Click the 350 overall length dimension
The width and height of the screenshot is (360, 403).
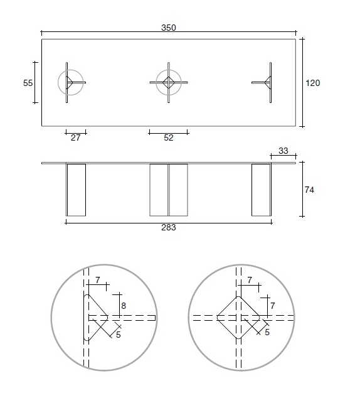coord(168,28)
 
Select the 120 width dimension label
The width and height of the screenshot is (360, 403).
coord(313,83)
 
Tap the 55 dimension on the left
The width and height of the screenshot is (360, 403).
coord(28,83)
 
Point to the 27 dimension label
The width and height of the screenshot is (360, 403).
coord(75,138)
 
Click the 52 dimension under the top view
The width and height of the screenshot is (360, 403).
coord(168,138)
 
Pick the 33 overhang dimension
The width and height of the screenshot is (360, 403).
coord(283,151)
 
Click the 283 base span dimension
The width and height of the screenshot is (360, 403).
coord(168,228)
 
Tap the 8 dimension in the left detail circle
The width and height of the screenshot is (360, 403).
coord(124,306)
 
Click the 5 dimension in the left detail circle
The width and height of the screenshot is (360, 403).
coord(119,335)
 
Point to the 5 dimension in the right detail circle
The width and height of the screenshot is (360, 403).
coord(267,332)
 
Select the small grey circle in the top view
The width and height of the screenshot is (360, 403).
coord(70,82)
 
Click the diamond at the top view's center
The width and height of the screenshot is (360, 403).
coord(168,82)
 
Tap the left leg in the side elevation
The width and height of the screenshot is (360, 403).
coord(75,190)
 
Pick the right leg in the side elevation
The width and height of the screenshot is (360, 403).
coord(261,190)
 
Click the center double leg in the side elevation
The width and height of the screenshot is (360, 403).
coord(168,190)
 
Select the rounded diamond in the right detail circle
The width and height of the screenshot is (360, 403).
coord(238,318)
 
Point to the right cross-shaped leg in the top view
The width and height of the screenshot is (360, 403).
coord(268,82)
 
